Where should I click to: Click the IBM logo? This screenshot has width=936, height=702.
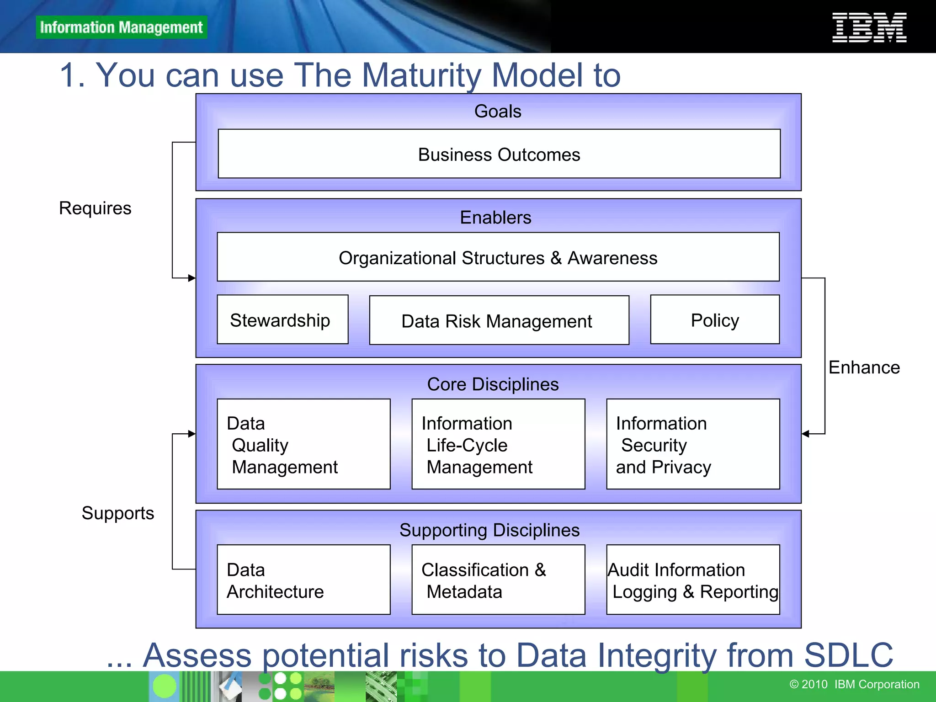[869, 27]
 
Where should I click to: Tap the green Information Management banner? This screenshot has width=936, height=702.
[121, 27]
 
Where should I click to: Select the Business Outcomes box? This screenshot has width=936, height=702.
[499, 154]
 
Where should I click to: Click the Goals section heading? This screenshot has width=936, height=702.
[497, 112]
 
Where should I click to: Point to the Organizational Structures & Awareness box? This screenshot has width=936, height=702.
[498, 257]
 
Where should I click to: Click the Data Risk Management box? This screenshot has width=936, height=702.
[499, 320]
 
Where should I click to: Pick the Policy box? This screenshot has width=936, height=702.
[714, 319]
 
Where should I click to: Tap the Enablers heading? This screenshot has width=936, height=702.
[495, 218]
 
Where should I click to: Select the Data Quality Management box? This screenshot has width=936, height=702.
[303, 444]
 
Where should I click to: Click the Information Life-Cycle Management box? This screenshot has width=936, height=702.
[498, 444]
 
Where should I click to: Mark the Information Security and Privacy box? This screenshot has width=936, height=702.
[692, 444]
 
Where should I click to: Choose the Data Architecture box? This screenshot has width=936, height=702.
[303, 580]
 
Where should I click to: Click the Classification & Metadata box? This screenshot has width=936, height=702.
[498, 580]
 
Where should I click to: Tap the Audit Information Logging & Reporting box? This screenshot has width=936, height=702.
[692, 580]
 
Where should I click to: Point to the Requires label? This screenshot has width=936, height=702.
[95, 208]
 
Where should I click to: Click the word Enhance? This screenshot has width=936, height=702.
[864, 367]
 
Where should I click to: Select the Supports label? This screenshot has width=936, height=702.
[117, 513]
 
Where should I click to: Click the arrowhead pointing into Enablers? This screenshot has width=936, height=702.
[191, 278]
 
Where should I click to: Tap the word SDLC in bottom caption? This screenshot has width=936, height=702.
[848, 655]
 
